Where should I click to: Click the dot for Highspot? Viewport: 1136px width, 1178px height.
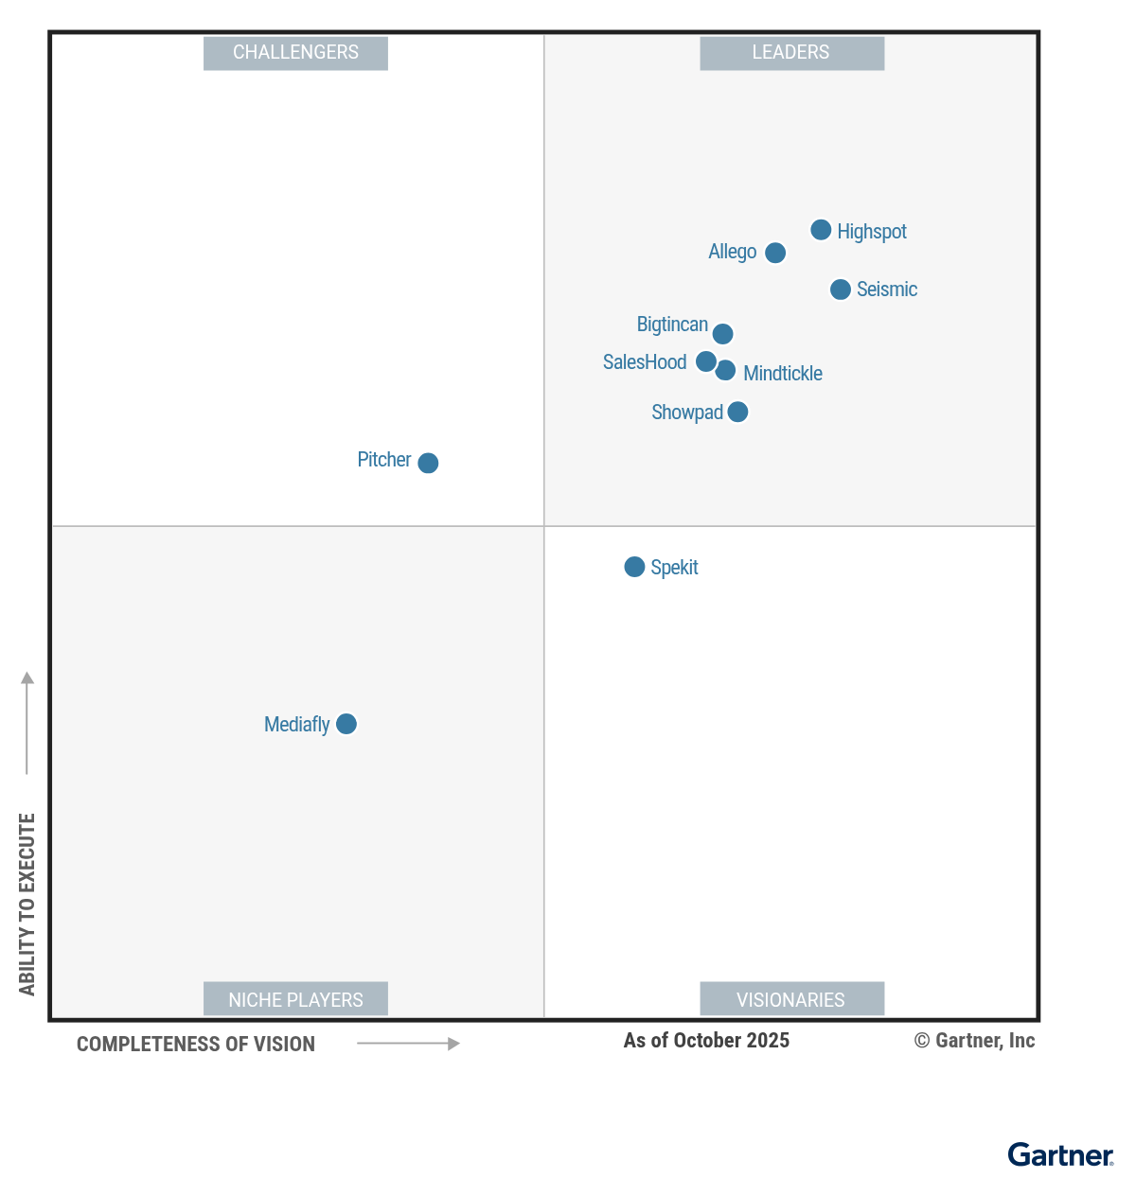pos(821,230)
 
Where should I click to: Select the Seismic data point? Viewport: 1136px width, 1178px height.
pos(841,290)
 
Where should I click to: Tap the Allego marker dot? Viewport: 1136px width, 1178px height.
pos(775,253)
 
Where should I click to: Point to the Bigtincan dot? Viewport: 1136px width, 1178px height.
pos(722,334)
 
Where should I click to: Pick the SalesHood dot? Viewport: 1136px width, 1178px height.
pos(706,361)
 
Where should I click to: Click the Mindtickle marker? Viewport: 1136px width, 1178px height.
pos(725,370)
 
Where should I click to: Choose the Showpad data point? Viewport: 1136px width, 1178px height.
pos(737,412)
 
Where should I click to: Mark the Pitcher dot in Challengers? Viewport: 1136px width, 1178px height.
pos(428,463)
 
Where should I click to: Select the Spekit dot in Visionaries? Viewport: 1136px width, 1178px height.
pos(634,567)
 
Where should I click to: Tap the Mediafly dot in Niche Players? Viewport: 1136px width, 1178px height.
pos(346,724)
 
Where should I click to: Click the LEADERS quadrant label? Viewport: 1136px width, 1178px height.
pos(791,53)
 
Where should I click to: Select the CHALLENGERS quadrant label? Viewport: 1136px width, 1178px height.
pos(295,53)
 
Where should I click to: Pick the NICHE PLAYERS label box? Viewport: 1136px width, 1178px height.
pos(295,999)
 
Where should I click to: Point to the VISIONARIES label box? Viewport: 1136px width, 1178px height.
pos(791,999)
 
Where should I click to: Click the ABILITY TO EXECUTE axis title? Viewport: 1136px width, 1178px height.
pos(27,904)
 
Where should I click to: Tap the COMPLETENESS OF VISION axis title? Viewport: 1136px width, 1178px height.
pos(196,1045)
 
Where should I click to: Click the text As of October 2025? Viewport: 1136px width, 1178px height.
pos(706,1041)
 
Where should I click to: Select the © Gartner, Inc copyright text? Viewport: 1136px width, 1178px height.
pos(974,1041)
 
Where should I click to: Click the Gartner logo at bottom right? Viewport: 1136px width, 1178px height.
pos(1060,1155)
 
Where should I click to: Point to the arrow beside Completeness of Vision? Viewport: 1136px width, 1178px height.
pos(408,1044)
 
